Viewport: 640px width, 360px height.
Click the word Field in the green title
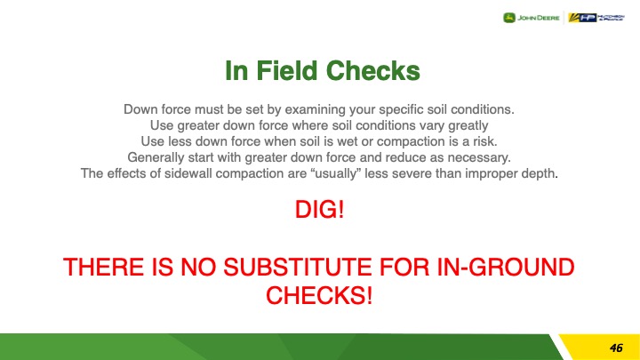286,70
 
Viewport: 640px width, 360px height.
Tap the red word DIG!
320,210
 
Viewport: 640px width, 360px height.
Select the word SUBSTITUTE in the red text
298,267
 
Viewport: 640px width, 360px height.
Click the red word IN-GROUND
506,267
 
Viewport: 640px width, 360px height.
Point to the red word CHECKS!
319,295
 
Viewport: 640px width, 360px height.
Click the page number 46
616,348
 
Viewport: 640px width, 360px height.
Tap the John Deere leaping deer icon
509,18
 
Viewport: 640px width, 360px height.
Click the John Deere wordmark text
539,18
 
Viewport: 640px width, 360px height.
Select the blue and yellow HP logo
582,18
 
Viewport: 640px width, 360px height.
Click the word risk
485,141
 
